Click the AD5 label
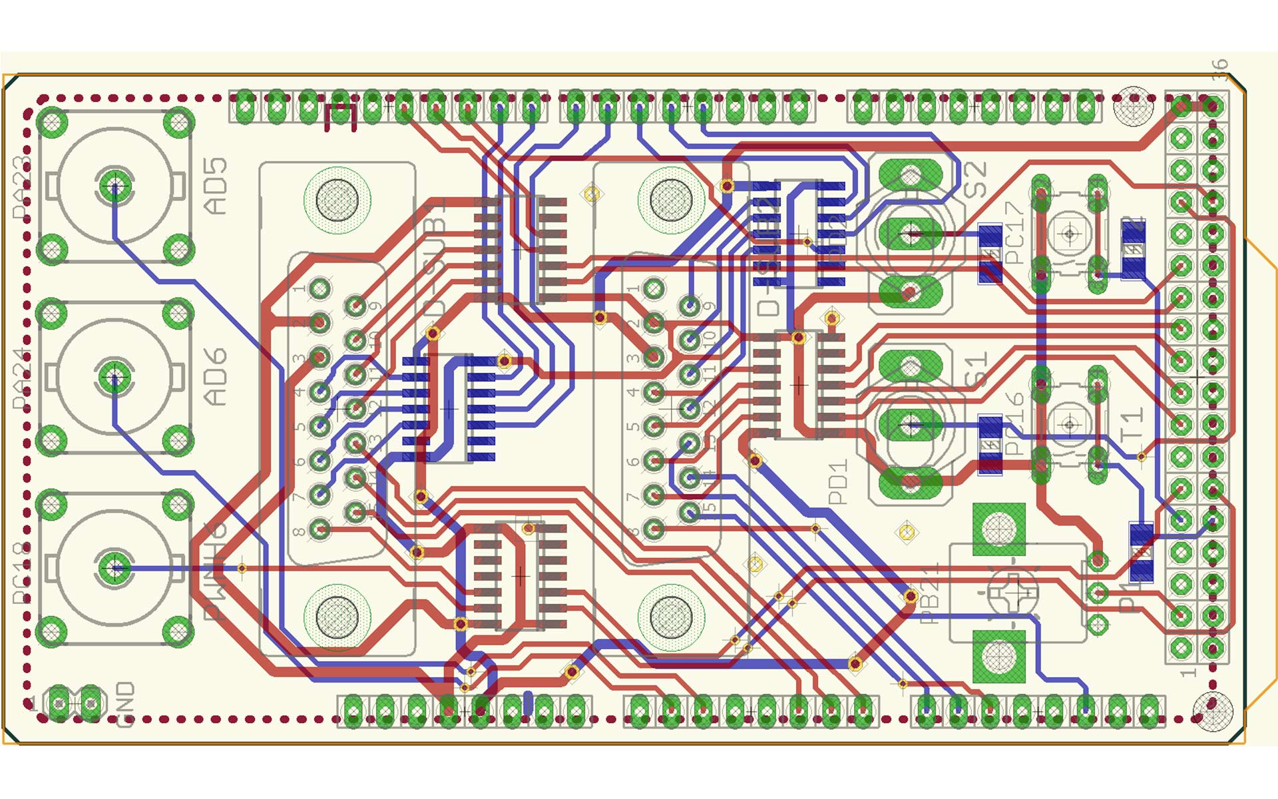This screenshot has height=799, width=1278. point(215,186)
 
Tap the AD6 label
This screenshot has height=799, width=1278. point(215,377)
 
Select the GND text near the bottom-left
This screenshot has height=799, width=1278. point(124,704)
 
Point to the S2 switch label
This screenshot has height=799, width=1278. point(976,180)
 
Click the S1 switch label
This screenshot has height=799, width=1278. point(976,370)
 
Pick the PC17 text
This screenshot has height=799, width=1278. point(1014,233)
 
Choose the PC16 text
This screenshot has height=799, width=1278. point(1014,423)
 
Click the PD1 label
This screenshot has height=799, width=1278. point(839,481)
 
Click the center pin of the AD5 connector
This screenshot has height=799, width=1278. point(114,186)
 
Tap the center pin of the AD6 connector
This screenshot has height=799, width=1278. point(114,377)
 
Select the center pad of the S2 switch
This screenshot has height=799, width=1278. point(911,233)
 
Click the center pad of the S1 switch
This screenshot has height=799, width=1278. point(911,424)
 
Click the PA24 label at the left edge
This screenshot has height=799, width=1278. point(22,378)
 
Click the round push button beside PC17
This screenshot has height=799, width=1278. point(1070,234)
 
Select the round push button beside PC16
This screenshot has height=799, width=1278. point(1070,424)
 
